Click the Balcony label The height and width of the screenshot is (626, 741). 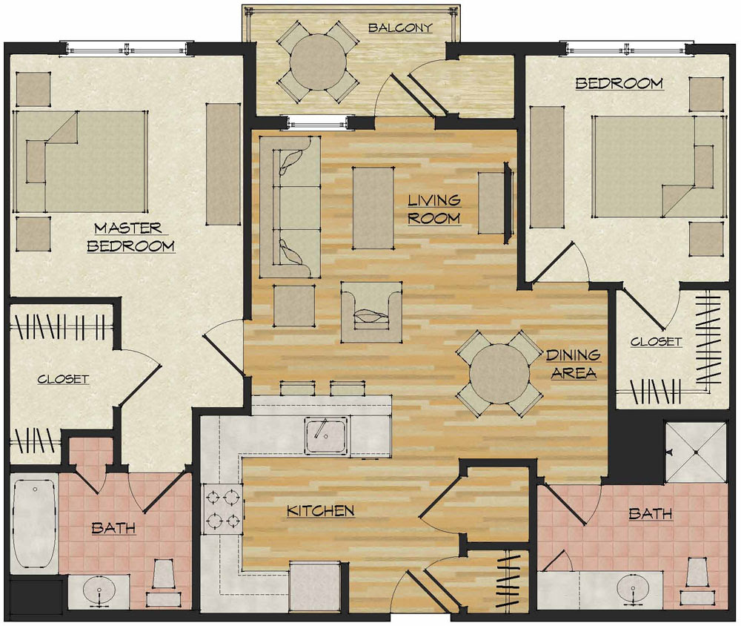(400, 27)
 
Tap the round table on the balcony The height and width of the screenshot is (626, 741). (318, 62)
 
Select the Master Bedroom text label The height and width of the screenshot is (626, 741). (130, 237)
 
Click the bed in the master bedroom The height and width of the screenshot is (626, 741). (79, 162)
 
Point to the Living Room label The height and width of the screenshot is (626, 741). (433, 209)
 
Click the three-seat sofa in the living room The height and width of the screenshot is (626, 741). (290, 207)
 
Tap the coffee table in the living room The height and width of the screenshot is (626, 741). (373, 208)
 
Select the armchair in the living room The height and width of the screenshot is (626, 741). (371, 312)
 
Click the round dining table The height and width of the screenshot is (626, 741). (499, 374)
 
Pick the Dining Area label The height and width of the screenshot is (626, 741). (574, 364)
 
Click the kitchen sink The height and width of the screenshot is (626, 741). (326, 434)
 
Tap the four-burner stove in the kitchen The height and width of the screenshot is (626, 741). (222, 509)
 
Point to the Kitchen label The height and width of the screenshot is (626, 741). (321, 511)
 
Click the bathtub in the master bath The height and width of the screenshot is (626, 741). (34, 524)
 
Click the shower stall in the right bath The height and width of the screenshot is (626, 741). (696, 452)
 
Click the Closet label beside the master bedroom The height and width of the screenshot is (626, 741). (63, 379)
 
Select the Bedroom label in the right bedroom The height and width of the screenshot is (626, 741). (619, 84)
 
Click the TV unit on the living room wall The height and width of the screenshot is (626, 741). (508, 203)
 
